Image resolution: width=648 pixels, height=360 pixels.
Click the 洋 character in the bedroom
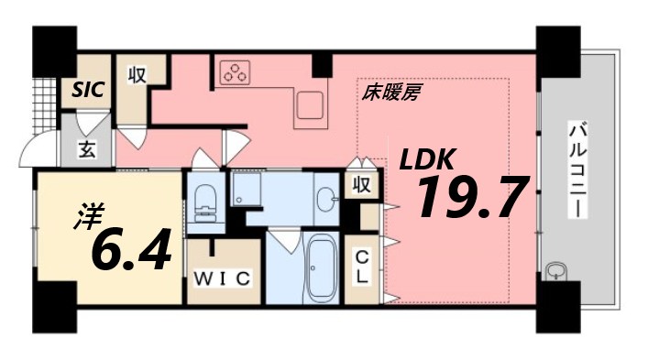85,220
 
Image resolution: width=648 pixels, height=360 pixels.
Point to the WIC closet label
220,279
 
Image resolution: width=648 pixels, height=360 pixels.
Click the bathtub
322,267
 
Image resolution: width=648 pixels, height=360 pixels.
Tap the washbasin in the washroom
325,197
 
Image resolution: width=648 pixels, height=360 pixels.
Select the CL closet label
363,266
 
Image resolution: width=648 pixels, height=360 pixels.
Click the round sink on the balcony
555,271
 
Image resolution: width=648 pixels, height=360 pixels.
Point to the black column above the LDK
321,65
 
